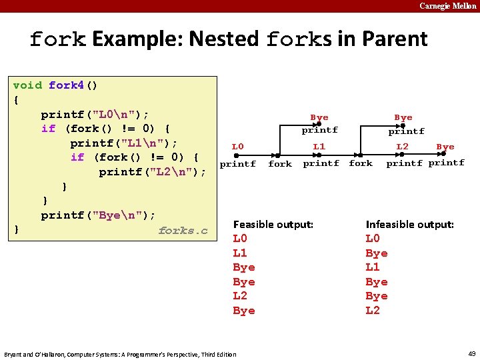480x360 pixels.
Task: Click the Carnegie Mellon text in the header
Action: [x=447, y=6]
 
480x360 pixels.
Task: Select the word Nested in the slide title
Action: [x=223, y=39]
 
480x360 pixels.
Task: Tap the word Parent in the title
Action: [x=394, y=39]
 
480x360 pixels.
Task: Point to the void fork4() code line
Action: [x=55, y=85]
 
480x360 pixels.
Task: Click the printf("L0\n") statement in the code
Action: [x=95, y=114]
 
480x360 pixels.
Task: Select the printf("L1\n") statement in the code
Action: [x=124, y=143]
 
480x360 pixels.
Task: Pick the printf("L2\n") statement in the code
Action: [x=153, y=172]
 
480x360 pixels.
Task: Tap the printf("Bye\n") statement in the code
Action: [x=98, y=215]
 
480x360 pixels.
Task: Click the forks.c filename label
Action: [x=183, y=231]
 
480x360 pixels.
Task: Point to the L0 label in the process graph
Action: [x=237, y=147]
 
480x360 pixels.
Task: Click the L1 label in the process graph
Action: [x=319, y=147]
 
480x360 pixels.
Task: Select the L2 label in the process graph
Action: [x=402, y=147]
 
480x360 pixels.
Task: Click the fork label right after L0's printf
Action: [x=280, y=164]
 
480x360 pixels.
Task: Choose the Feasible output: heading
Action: [x=273, y=225]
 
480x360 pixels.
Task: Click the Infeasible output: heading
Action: [x=409, y=225]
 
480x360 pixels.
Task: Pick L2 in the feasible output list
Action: [x=240, y=296]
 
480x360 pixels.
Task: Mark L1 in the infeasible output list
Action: [x=373, y=267]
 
